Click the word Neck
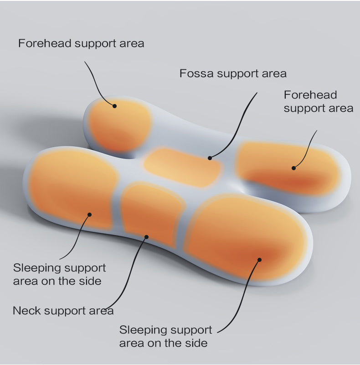(27, 311)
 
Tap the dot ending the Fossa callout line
(210, 158)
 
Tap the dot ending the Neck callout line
(146, 236)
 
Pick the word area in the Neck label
(100, 311)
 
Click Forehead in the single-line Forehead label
(44, 44)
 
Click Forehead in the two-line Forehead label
(310, 95)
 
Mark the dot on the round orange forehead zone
(115, 106)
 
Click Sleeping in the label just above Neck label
(35, 268)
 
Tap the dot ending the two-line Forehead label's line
(294, 168)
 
